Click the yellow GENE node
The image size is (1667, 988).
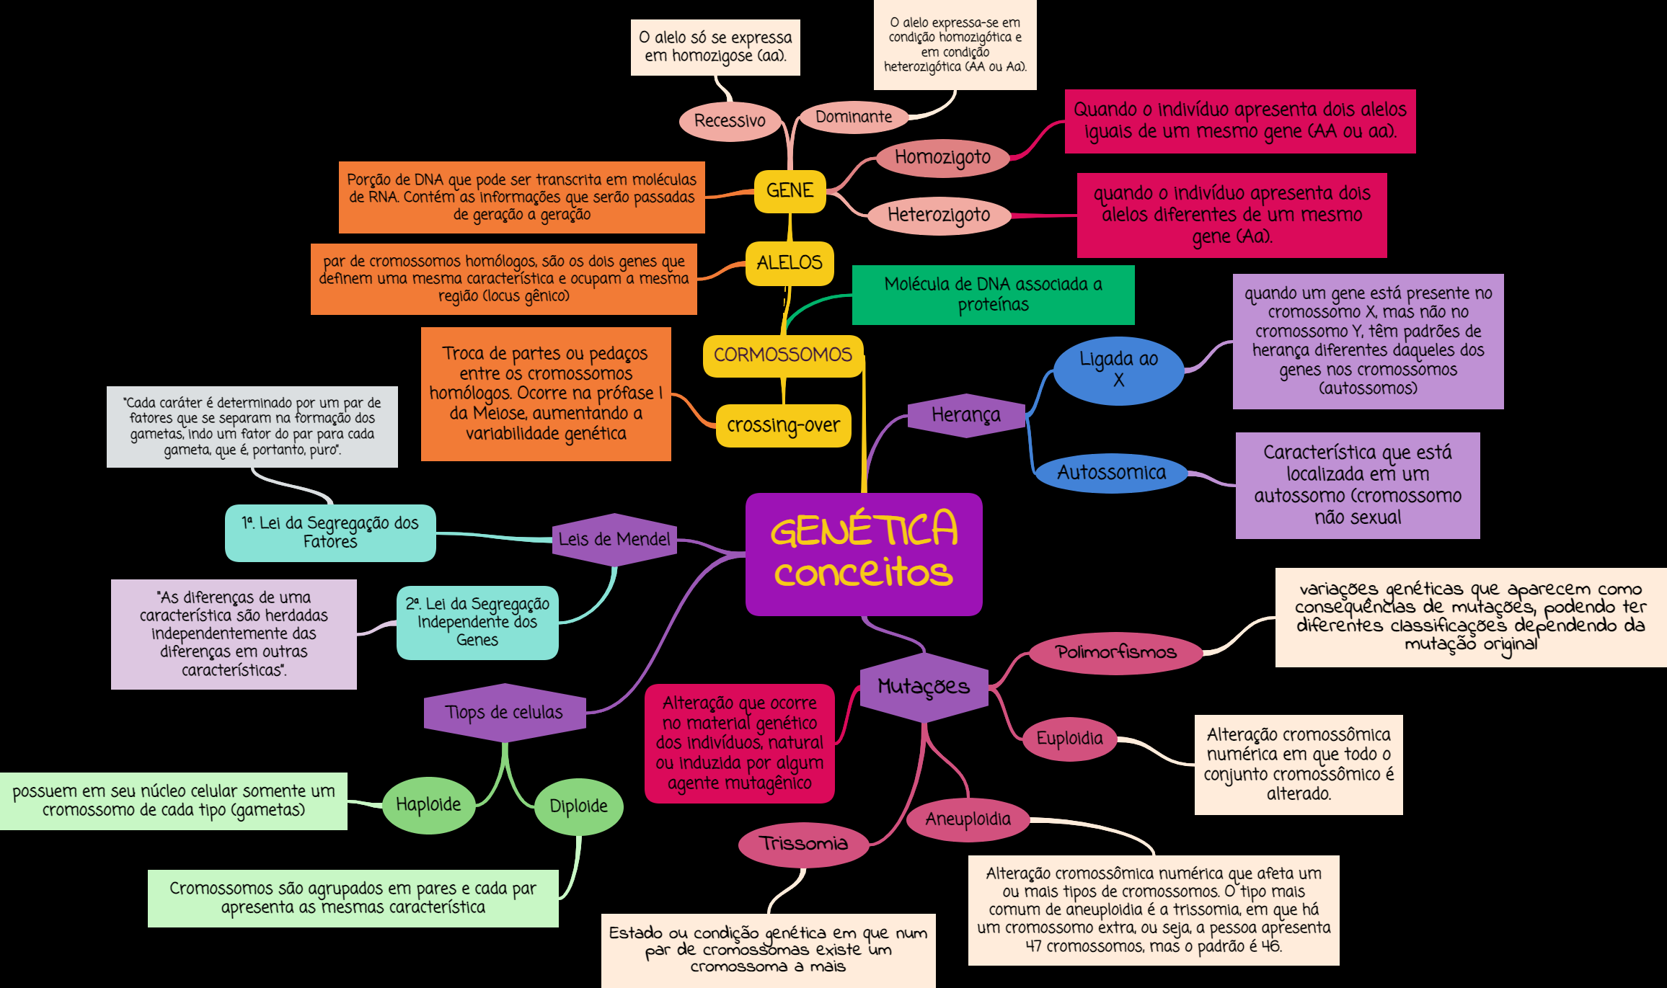(x=790, y=191)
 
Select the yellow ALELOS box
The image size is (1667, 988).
(x=790, y=263)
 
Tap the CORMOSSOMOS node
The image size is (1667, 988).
(x=783, y=355)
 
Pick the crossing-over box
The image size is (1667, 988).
(x=783, y=426)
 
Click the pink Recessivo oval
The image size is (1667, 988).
(x=730, y=121)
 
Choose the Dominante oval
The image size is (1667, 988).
(x=854, y=117)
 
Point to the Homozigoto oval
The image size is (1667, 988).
(x=942, y=158)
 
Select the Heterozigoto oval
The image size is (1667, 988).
(x=939, y=215)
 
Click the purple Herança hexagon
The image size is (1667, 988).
(x=966, y=415)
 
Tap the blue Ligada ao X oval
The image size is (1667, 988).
(x=1118, y=370)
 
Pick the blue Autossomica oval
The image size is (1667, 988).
(x=1111, y=473)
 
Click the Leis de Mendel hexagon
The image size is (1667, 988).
(x=614, y=539)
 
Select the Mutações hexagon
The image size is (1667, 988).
(x=924, y=687)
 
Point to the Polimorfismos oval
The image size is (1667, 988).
(x=1115, y=653)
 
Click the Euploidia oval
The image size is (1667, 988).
(x=1069, y=739)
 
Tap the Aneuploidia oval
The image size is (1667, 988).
(x=968, y=819)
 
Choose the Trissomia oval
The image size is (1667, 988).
(x=803, y=844)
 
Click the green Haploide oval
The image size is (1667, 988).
(x=428, y=805)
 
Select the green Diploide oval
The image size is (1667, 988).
(x=578, y=806)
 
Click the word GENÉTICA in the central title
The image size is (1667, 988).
(x=864, y=530)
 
